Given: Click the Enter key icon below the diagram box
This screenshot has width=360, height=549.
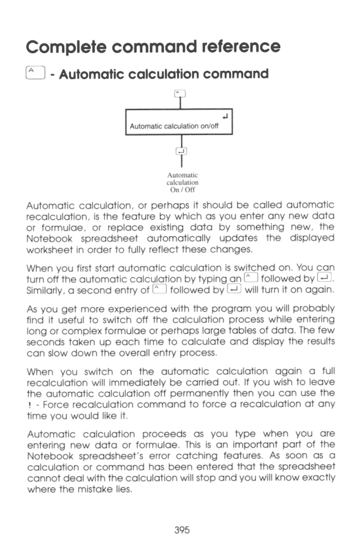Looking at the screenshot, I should pyautogui.click(x=180, y=151).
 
